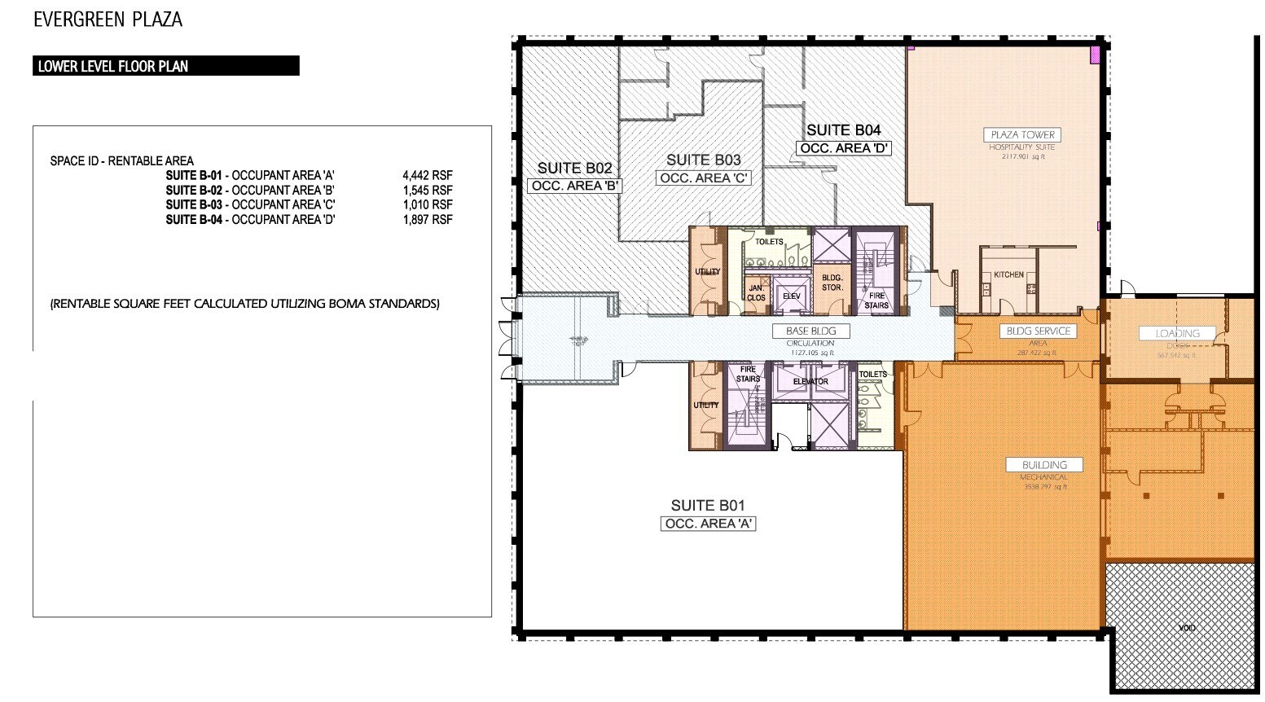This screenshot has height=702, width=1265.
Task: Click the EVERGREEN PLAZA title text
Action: [108, 20]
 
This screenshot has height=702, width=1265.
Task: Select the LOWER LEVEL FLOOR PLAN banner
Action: [166, 66]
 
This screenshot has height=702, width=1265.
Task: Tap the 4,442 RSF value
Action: [428, 175]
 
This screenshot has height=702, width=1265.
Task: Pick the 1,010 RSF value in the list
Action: [428, 204]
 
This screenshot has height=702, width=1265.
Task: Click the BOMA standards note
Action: [244, 304]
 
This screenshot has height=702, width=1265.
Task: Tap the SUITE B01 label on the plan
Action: [708, 505]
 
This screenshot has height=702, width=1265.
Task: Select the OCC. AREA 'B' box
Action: [575, 186]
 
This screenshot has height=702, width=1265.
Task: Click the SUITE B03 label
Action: [704, 160]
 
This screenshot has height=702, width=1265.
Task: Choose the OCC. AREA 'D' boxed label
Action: [844, 148]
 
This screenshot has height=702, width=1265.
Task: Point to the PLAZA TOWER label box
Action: [1022, 134]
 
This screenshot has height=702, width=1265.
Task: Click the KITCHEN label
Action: [1008, 274]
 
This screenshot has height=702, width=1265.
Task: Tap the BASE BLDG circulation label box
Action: [810, 331]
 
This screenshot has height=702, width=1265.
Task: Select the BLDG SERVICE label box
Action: [1039, 331]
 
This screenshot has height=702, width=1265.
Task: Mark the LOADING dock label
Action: [1177, 333]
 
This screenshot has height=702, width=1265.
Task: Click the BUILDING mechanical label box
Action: [1044, 465]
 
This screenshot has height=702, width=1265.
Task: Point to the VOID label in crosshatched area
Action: [1187, 629]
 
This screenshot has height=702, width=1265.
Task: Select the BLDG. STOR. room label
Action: [832, 283]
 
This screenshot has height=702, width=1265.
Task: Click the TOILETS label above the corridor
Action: [769, 242]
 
